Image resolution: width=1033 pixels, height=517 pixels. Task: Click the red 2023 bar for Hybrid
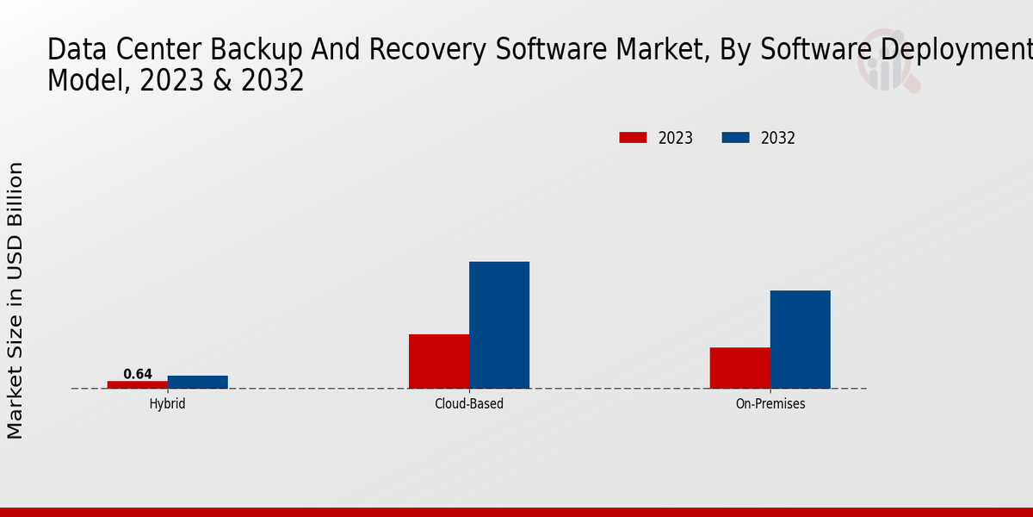[x=138, y=384]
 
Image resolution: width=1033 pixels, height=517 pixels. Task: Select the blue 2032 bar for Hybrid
[x=198, y=382]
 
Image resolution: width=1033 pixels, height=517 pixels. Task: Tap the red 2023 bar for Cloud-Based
[x=439, y=361]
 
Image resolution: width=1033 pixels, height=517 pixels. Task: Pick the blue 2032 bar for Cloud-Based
[x=499, y=325]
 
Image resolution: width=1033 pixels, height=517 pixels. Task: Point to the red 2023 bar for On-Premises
[x=740, y=368]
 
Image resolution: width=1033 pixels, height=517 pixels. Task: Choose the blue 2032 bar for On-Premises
[x=801, y=339]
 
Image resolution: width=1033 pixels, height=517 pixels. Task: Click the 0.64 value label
[x=138, y=374]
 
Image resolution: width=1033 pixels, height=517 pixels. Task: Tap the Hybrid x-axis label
[x=167, y=403]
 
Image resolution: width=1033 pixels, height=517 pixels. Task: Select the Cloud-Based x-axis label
[x=469, y=403]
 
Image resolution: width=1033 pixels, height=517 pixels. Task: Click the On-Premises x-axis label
[x=770, y=403]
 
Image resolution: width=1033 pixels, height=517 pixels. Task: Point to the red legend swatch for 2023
[x=633, y=138]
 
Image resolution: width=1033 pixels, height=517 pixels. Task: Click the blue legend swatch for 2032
[x=735, y=138]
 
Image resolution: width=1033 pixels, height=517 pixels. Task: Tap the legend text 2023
[x=676, y=138]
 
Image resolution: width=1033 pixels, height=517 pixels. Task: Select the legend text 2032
[x=778, y=138]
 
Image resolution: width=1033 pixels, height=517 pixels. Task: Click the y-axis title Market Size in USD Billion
[x=15, y=300]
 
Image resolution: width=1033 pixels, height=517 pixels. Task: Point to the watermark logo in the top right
[x=887, y=60]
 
